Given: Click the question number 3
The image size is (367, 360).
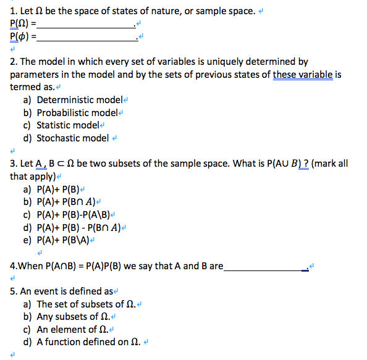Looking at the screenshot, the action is point(14,164).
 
